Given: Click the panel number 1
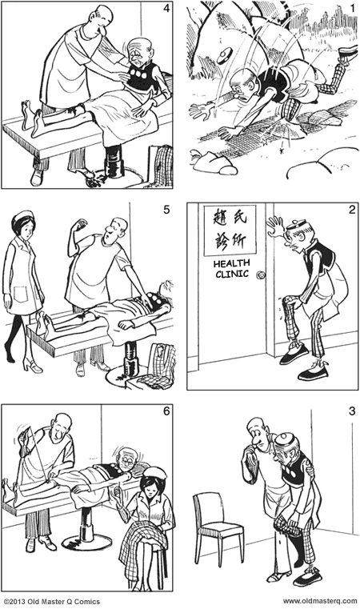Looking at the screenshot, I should coord(351,10).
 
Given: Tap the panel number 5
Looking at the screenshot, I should coord(166,212).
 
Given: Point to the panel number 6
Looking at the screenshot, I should coord(166,412).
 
